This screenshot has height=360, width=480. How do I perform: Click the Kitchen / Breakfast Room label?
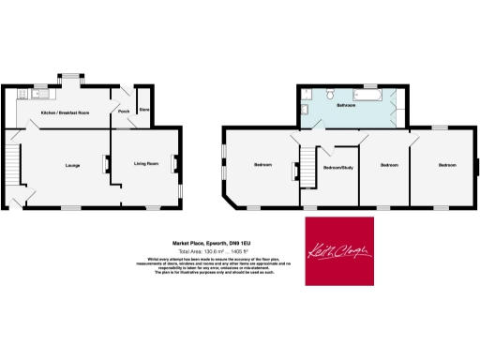point(65,112)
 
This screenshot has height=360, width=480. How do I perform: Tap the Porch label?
point(123,112)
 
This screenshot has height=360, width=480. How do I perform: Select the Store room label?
point(144,111)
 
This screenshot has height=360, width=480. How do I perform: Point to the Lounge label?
point(72,166)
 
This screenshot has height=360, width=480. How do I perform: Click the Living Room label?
point(145,164)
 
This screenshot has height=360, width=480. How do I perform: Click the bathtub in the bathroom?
point(367,96)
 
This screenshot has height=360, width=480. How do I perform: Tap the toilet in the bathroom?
point(333,94)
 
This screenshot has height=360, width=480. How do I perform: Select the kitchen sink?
point(39,93)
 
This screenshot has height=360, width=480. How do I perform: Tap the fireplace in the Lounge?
point(105,165)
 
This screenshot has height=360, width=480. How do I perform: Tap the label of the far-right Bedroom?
point(447,165)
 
